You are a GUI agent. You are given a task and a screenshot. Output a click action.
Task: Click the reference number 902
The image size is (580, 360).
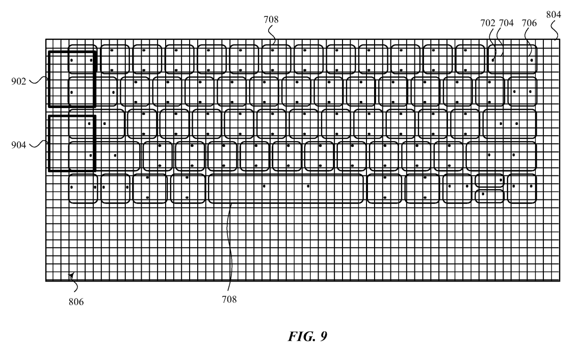(18, 81)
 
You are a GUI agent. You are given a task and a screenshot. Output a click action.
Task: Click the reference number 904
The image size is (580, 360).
(18, 145)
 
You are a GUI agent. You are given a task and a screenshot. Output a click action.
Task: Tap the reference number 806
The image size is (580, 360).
(76, 302)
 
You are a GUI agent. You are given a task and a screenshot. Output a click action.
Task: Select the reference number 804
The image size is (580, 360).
(553, 14)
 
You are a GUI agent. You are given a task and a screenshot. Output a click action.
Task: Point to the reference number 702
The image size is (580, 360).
(488, 23)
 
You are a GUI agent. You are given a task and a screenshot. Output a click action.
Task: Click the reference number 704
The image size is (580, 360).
(507, 23)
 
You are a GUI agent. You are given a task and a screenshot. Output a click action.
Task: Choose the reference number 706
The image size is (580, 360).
(530, 23)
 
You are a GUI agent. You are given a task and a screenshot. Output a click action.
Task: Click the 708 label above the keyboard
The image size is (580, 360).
(271, 19)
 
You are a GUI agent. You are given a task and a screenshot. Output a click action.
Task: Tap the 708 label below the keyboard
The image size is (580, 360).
(229, 299)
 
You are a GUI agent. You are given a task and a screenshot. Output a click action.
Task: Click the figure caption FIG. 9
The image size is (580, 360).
(308, 337)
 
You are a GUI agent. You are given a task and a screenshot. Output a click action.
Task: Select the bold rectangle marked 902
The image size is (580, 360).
(49, 79)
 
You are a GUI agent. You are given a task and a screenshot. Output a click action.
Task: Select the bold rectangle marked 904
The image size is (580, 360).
(49, 143)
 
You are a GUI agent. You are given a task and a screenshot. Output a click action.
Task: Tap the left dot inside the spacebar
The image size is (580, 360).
(264, 186)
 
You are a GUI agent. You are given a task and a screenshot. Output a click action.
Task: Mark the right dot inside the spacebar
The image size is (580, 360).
(308, 186)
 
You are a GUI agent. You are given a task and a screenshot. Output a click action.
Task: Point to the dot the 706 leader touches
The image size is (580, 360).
(532, 60)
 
